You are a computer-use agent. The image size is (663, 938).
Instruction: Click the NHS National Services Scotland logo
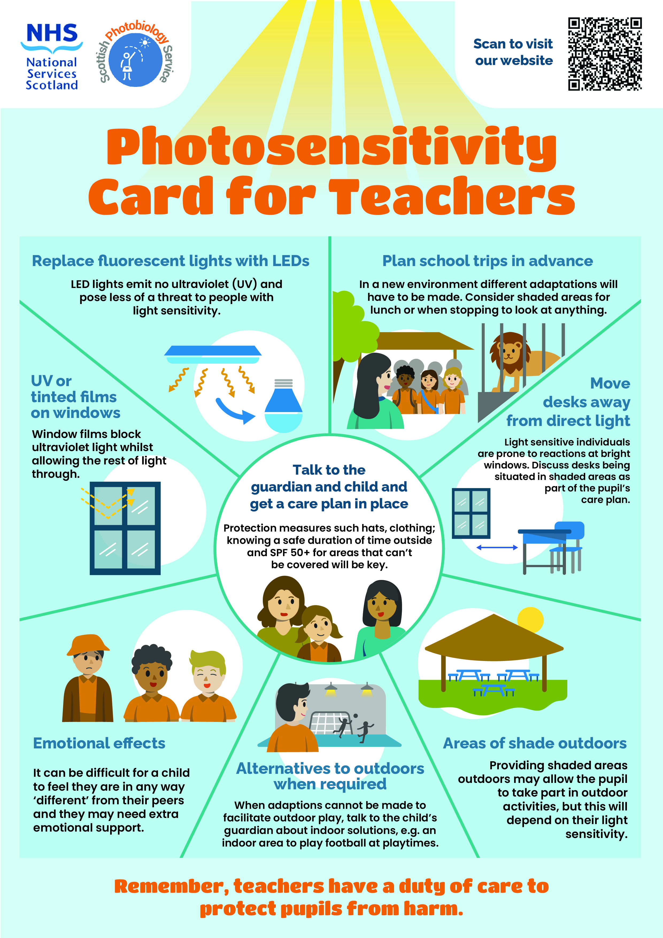pos(52,56)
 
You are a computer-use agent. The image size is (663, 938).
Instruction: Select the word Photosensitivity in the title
pos(331,147)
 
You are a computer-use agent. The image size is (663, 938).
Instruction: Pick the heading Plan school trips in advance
pos(487,261)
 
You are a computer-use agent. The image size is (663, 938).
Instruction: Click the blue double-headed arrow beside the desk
pos(497,547)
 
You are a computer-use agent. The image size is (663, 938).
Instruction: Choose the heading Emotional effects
pos(99,743)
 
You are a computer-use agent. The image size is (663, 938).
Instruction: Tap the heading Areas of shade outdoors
pos(534,743)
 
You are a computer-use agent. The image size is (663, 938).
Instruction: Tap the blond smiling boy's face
pos(207,676)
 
